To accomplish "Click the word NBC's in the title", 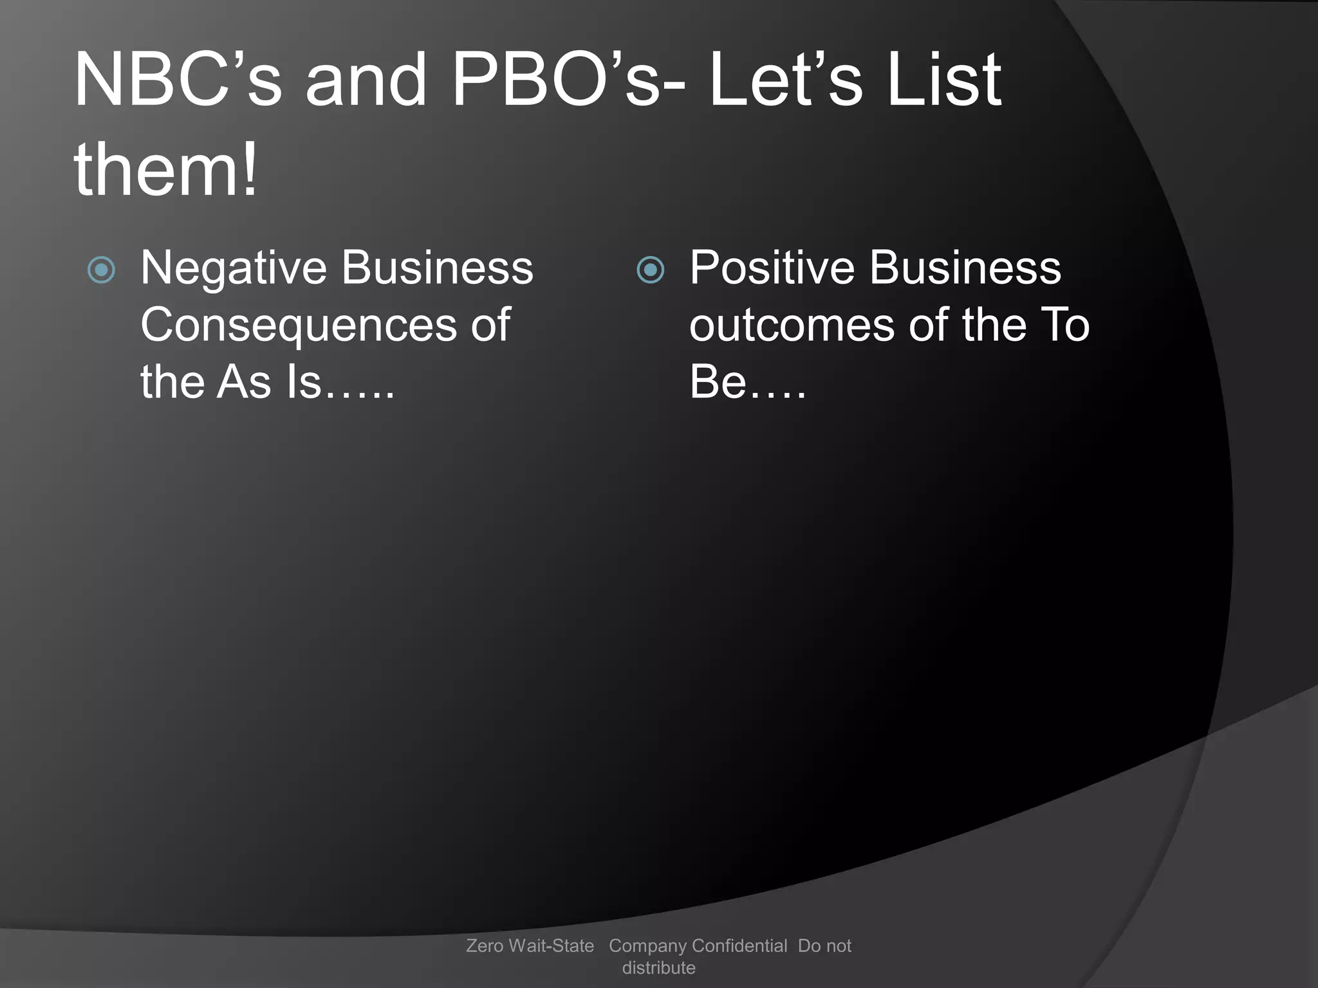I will pyautogui.click(x=178, y=80).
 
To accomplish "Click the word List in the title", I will pyautogui.click(x=943, y=80).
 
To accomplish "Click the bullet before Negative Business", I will pyautogui.click(x=101, y=270).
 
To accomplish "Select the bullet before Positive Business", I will pyautogui.click(x=650, y=270).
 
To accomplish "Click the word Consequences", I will pyautogui.click(x=298, y=325).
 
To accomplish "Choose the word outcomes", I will pyautogui.click(x=792, y=325).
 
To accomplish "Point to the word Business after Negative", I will pyautogui.click(x=438, y=268).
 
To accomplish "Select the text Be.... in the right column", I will pyautogui.click(x=747, y=382).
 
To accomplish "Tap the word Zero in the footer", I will pyautogui.click(x=485, y=946).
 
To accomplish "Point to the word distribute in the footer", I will pyautogui.click(x=658, y=967).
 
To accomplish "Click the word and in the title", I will pyautogui.click(x=366, y=80).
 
